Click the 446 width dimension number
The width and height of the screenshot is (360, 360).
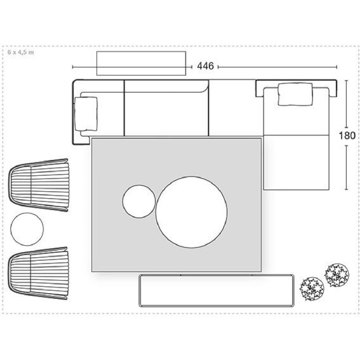pyautogui.click(x=205, y=66)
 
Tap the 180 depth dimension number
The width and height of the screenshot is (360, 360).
pyautogui.click(x=347, y=136)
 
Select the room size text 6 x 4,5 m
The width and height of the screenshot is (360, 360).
pyautogui.click(x=21, y=52)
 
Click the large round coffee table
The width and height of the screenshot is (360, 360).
pyautogui.click(x=192, y=212)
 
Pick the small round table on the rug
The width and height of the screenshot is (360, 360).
pyautogui.click(x=139, y=201)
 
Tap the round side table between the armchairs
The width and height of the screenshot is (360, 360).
pyautogui.click(x=27, y=229)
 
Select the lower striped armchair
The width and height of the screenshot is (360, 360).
pyautogui.click(x=38, y=273)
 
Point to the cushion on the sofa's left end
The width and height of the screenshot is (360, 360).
pyautogui.click(x=86, y=114)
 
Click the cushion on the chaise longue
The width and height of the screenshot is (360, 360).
pyautogui.click(x=296, y=94)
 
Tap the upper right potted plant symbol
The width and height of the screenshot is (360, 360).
pyautogui.click(x=336, y=275)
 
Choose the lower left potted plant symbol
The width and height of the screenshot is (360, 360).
pyautogui.click(x=312, y=289)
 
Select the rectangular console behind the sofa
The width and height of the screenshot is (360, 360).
pyautogui.click(x=141, y=63)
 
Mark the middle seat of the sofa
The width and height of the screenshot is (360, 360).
pyautogui.click(x=166, y=114)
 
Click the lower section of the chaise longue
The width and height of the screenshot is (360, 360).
pyautogui.click(x=296, y=162)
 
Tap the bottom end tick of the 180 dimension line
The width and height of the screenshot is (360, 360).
pyautogui.click(x=346, y=190)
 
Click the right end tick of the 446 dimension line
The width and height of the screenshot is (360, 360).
pyautogui.click(x=336, y=67)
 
